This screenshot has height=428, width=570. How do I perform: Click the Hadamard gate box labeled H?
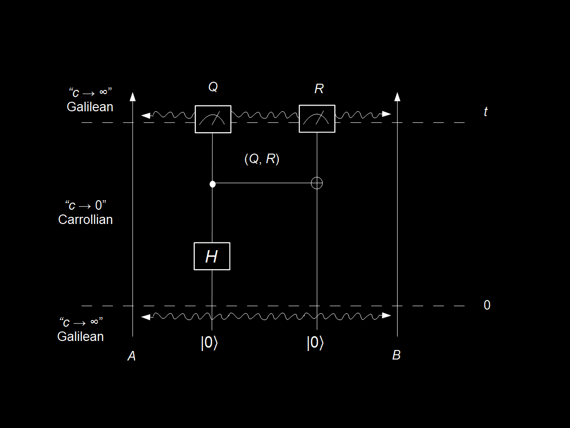tap(212, 256)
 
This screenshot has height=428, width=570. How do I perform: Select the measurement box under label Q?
tap(213, 119)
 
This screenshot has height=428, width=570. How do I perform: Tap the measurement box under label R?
tap(317, 118)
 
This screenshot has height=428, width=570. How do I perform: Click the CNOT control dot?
tap(212, 184)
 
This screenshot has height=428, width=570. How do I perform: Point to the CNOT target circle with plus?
tap(317, 183)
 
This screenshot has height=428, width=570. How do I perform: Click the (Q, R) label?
tap(262, 159)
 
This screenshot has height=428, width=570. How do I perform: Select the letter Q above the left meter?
tap(213, 87)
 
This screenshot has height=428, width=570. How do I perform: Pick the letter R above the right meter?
tap(319, 89)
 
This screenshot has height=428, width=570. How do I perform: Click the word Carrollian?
tap(85, 220)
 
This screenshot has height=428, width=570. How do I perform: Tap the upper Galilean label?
tap(90, 107)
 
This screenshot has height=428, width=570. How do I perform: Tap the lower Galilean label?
tap(80, 337)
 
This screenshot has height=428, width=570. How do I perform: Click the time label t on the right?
tap(485, 112)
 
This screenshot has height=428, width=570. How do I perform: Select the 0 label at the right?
tap(487, 305)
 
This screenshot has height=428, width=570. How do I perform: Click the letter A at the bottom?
tap(132, 356)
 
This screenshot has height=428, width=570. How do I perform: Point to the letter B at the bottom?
tap(397, 355)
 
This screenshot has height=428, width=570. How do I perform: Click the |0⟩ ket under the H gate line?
tap(209, 343)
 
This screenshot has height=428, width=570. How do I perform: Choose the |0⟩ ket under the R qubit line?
tap(315, 343)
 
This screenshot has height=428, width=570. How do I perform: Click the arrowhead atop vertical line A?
tap(133, 97)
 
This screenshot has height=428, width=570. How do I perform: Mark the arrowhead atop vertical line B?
tap(398, 97)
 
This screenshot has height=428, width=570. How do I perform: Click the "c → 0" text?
tap(85, 206)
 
